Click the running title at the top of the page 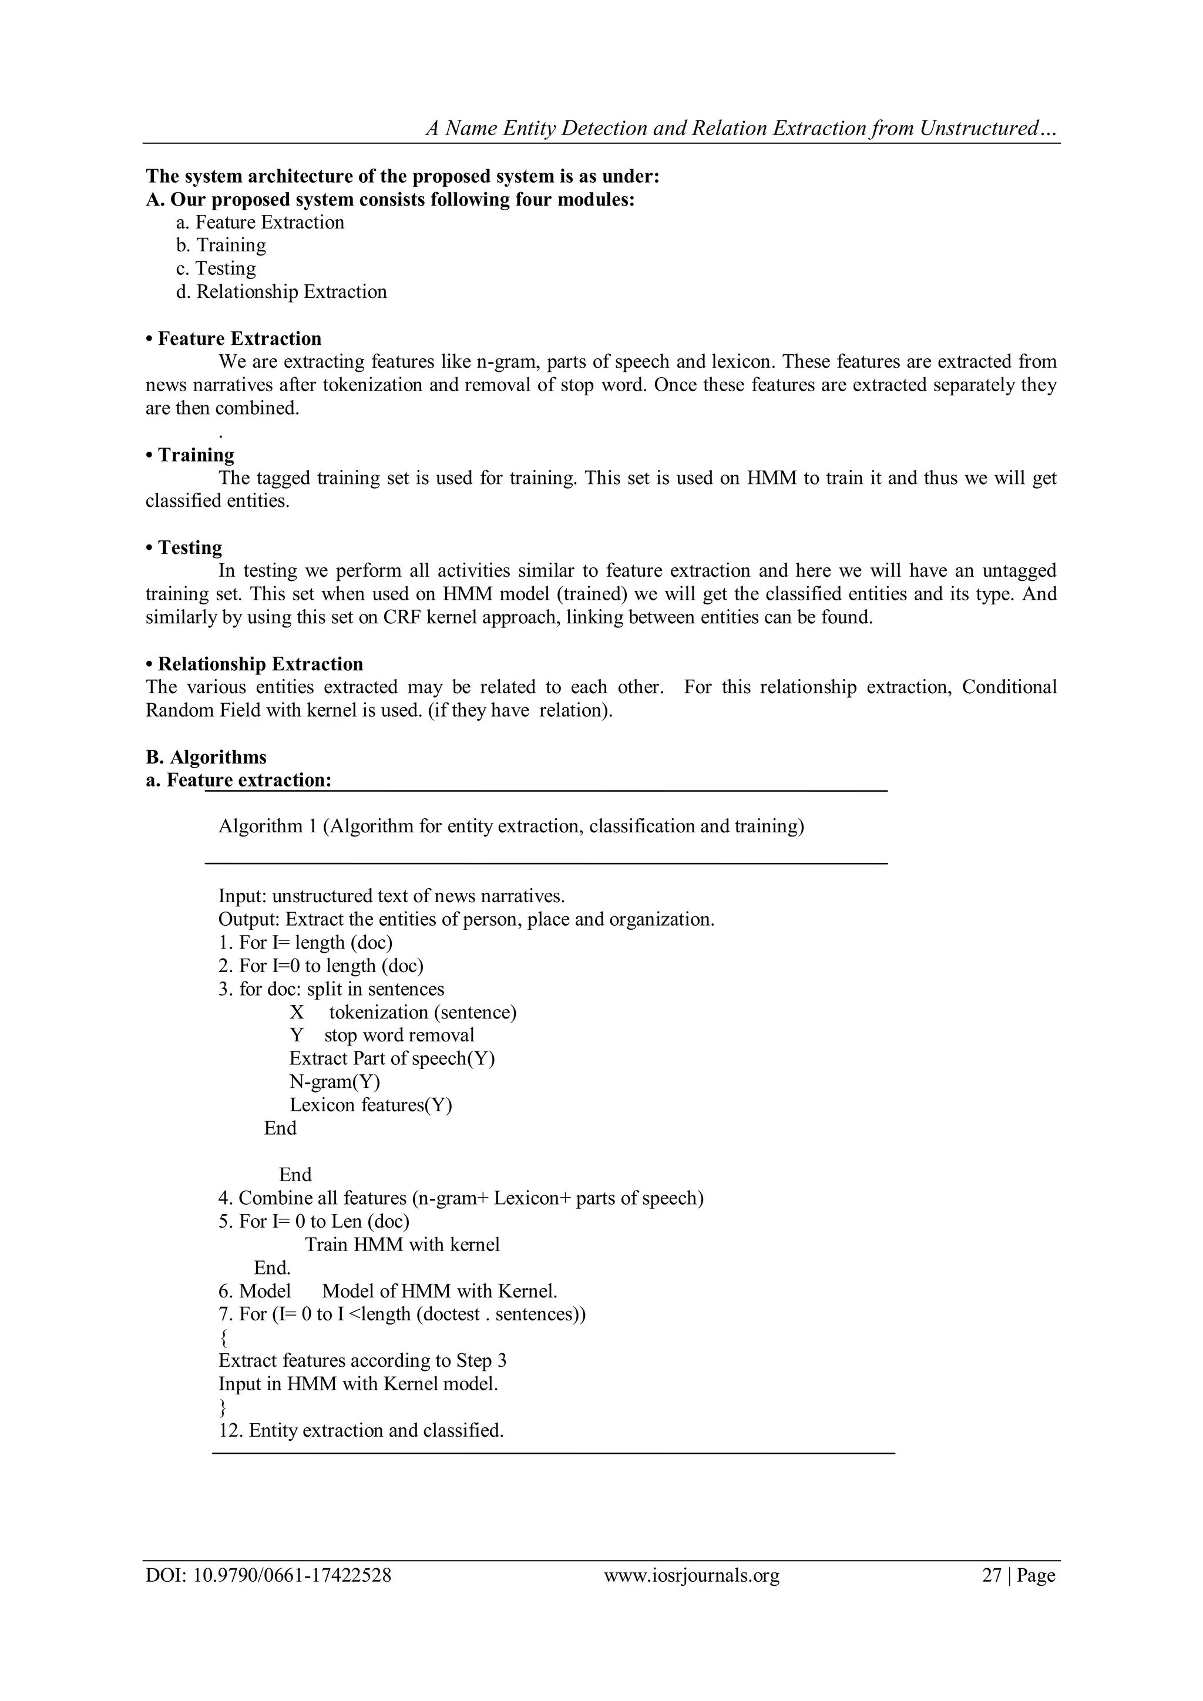pyautogui.click(x=742, y=129)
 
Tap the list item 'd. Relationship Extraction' pyautogui.click(x=281, y=292)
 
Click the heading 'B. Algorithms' pyautogui.click(x=206, y=757)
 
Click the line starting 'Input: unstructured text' pyautogui.click(x=391, y=896)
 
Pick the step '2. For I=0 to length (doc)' pyautogui.click(x=321, y=966)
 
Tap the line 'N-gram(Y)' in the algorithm pyautogui.click(x=334, y=1083)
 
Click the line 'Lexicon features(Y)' pyautogui.click(x=371, y=1105)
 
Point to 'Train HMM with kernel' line pyautogui.click(x=402, y=1245)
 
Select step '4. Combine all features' pyautogui.click(x=461, y=1198)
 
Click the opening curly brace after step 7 pyautogui.click(x=224, y=1338)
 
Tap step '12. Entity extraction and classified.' pyautogui.click(x=361, y=1431)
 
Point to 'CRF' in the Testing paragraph pyautogui.click(x=402, y=617)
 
